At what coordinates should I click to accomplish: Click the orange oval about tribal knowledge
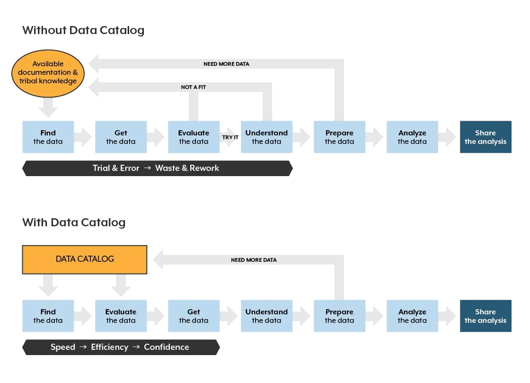[x=48, y=72]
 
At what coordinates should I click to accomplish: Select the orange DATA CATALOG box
[x=85, y=259]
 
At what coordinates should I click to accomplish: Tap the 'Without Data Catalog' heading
[x=83, y=30]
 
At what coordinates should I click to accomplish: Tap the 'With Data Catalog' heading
[x=73, y=223]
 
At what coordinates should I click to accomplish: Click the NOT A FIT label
[x=193, y=87]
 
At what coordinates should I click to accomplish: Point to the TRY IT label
[x=230, y=137]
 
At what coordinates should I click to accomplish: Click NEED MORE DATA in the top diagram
[x=226, y=64]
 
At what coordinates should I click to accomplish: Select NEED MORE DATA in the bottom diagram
[x=254, y=260]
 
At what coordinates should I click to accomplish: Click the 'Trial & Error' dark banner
[x=157, y=168]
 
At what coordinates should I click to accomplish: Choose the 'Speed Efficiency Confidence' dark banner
[x=120, y=347]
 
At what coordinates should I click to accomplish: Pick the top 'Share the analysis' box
[x=486, y=137]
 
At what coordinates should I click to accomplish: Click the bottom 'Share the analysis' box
[x=486, y=316]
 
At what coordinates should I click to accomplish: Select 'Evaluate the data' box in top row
[x=194, y=137]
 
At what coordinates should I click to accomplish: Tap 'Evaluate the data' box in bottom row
[x=121, y=316]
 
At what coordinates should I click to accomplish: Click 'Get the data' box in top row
[x=121, y=137]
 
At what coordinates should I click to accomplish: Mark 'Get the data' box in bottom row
[x=194, y=316]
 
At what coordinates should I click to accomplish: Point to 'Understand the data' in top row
[x=266, y=137]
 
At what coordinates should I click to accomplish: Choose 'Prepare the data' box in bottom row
[x=339, y=316]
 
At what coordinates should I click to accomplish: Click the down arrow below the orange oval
[x=48, y=107]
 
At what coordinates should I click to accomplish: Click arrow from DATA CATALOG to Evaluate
[x=121, y=285]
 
